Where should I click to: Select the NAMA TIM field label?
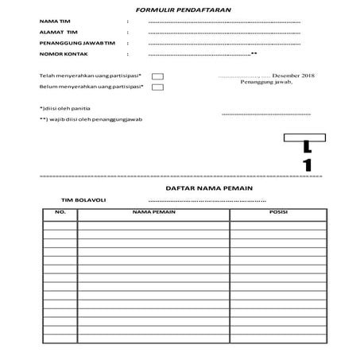tap(53, 21)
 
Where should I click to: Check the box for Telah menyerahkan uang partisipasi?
tap(157, 76)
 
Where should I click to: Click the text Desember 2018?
tap(298, 75)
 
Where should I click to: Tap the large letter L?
tap(307, 148)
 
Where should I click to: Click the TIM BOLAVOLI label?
tap(83, 200)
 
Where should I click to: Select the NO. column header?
tap(60, 213)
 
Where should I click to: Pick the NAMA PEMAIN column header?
tap(153, 213)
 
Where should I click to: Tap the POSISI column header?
tap(278, 213)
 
